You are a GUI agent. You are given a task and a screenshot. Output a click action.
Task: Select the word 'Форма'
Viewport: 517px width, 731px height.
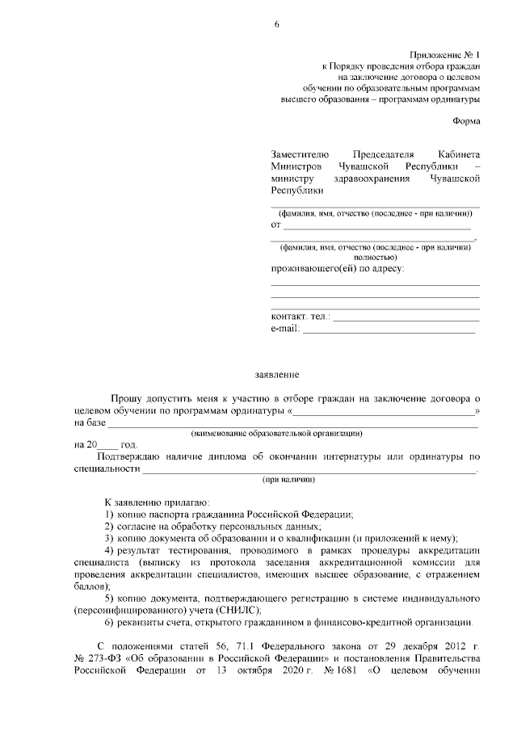465,121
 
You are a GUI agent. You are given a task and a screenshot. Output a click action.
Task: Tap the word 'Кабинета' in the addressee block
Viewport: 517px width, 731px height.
458,153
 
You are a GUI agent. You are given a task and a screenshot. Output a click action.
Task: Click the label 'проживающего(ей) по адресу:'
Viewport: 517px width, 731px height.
337,267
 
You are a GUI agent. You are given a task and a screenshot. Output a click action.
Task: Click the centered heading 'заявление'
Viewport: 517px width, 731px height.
277,375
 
